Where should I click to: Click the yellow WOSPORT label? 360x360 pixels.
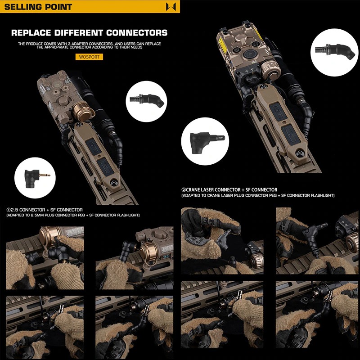click(x=89, y=57)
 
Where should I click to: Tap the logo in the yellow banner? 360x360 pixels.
click(x=171, y=6)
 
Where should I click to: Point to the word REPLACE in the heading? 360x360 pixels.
click(x=31, y=32)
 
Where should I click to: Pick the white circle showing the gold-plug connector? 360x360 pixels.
click(x=35, y=178)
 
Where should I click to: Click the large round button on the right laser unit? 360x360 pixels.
click(x=248, y=54)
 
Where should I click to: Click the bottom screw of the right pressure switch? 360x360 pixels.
click(x=300, y=153)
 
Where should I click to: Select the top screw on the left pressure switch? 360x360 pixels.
click(x=80, y=125)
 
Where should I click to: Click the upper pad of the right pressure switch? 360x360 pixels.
click(x=278, y=112)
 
